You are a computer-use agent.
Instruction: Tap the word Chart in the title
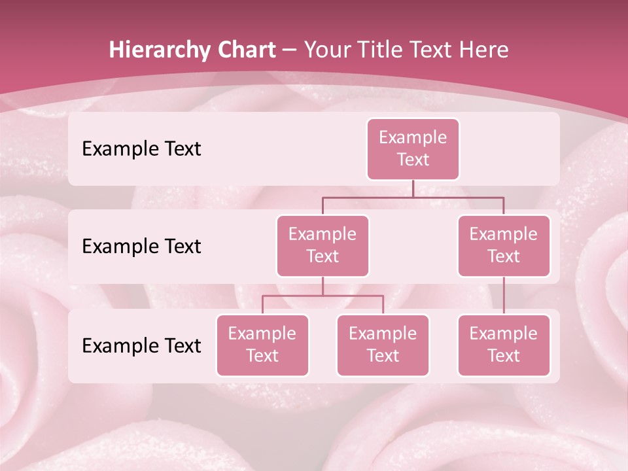[x=247, y=50]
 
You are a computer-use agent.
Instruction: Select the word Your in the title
[x=326, y=50]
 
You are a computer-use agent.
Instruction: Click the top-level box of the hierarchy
[x=413, y=149]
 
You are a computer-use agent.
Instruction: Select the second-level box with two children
[x=323, y=245]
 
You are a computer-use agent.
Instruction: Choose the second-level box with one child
[x=504, y=245]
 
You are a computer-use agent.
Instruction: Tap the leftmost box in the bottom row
[x=262, y=345]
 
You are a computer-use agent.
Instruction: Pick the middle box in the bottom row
[x=383, y=345]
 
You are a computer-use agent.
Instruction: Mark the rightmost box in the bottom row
[x=504, y=345]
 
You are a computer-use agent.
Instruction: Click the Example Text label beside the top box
[x=141, y=149]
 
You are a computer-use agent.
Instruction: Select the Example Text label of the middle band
[x=141, y=247]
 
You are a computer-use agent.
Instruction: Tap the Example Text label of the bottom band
[x=141, y=345]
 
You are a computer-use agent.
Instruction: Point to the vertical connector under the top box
[x=413, y=188]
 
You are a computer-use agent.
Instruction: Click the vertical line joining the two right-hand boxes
[x=504, y=295]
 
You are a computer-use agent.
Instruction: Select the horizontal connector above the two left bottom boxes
[x=323, y=296]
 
